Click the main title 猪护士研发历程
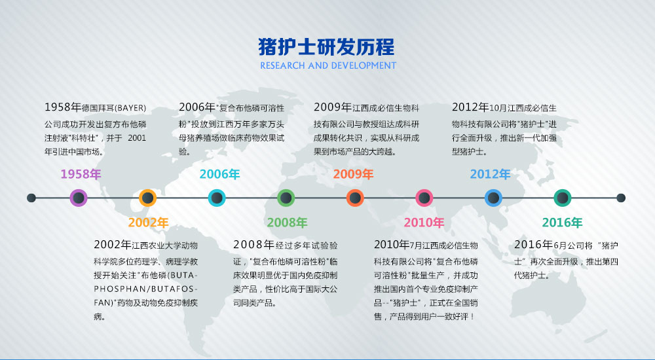coord(326,46)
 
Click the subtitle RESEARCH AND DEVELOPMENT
coord(328,65)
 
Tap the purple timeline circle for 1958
coord(79,198)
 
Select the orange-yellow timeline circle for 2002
coord(147,198)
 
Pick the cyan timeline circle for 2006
coord(217,198)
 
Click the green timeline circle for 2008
coord(286,198)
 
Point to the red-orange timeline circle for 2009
coord(355,198)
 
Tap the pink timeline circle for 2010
coord(424,198)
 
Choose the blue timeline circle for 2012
coord(493,198)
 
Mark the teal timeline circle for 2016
coord(562,198)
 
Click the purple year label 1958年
coord(81,174)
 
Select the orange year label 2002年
coord(148,223)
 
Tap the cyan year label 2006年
coord(219,174)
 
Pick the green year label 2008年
coord(287,223)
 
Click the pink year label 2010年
coord(424,223)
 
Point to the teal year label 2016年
coord(562,223)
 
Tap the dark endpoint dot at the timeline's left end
coord(31,198)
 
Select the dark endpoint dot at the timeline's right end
coord(621,198)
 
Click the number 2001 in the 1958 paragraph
coord(137,138)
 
